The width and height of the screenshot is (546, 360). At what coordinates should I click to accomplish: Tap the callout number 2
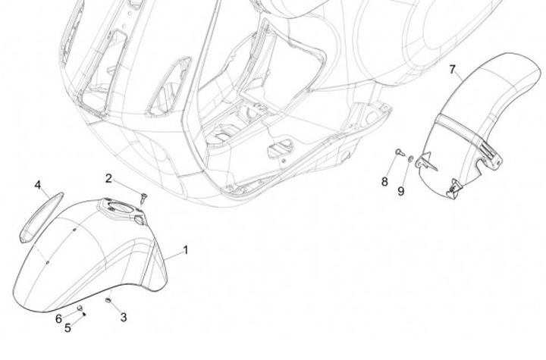pyautogui.click(x=109, y=179)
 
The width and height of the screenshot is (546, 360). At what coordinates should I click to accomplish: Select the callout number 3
pyautogui.click(x=124, y=317)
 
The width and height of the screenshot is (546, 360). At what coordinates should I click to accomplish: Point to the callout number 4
pyautogui.click(x=37, y=184)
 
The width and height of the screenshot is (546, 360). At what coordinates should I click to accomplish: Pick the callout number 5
pyautogui.click(x=67, y=327)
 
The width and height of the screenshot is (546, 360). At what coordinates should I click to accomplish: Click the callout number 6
pyautogui.click(x=58, y=318)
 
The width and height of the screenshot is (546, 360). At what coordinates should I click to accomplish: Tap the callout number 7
pyautogui.click(x=453, y=70)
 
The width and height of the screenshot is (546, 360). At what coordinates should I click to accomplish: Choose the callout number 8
pyautogui.click(x=384, y=182)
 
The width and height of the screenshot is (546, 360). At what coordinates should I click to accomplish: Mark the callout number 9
pyautogui.click(x=401, y=190)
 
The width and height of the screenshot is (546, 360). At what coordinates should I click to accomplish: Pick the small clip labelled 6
pyautogui.click(x=79, y=308)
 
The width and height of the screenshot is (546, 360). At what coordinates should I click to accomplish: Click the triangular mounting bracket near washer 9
pyautogui.click(x=426, y=159)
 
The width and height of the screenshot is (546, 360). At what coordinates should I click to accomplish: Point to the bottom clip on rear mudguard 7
pyautogui.click(x=455, y=186)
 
